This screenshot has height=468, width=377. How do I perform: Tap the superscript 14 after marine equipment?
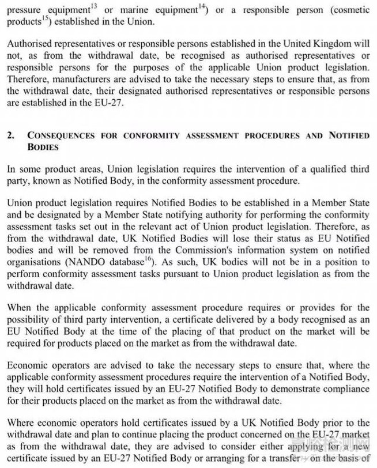pyautogui.click(x=172, y=6)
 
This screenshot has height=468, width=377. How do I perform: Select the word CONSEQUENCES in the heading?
pyautogui.click(x=58, y=136)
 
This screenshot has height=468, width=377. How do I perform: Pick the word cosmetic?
pyautogui.click(x=351, y=10)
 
